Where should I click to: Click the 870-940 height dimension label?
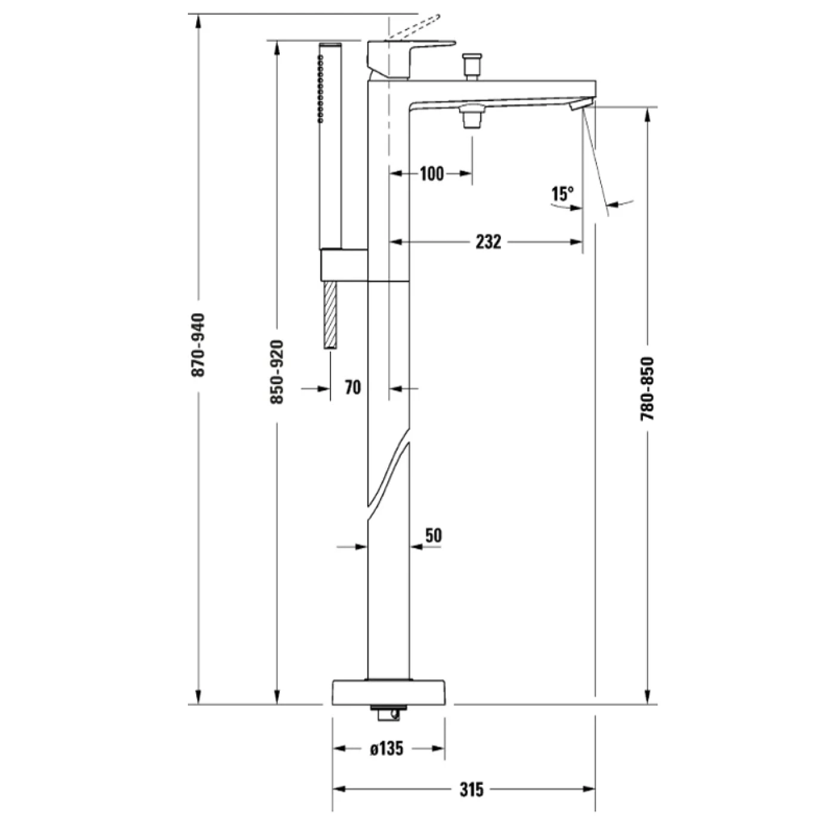pyautogui.click(x=198, y=345)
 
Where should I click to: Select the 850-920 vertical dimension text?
pyautogui.click(x=277, y=372)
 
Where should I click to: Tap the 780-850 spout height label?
pyautogui.click(x=647, y=389)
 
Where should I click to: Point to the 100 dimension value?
pyautogui.click(x=431, y=174)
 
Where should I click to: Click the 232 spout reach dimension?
pyautogui.click(x=488, y=242)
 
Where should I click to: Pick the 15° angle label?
pyautogui.click(x=562, y=194)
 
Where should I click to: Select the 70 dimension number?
pyautogui.click(x=352, y=388)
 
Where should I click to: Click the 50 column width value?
pyautogui.click(x=434, y=536)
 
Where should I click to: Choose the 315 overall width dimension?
pyautogui.click(x=471, y=790)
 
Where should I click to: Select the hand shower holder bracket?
pyautogui.click(x=344, y=264)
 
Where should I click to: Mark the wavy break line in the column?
pyautogui.click(x=389, y=471)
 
